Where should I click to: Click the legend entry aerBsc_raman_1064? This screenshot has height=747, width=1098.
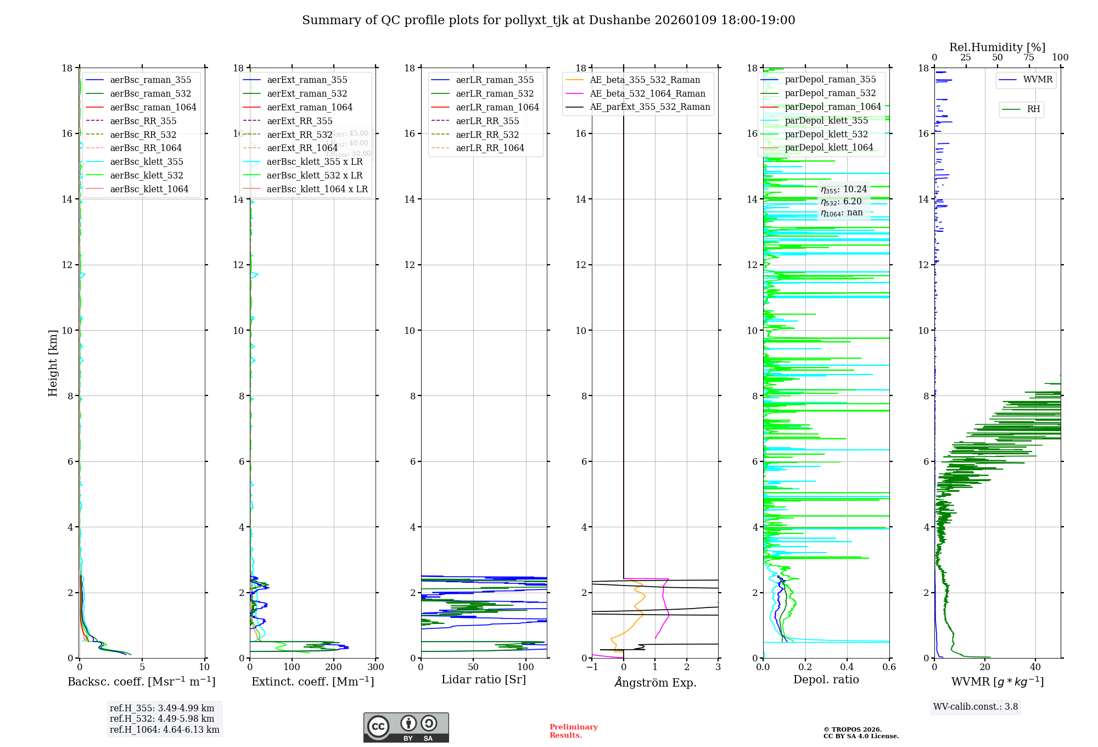click(153, 107)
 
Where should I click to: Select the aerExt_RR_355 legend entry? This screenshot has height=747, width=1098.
click(300, 121)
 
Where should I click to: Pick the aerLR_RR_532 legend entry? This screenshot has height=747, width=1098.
click(487, 135)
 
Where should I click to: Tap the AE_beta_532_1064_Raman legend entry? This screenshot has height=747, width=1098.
click(647, 93)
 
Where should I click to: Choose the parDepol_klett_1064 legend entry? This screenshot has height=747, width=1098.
click(828, 147)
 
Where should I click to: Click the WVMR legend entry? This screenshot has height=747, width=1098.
click(1038, 80)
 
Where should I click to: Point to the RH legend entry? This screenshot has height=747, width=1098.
click(1033, 109)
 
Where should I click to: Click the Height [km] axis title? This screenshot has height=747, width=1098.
click(53, 363)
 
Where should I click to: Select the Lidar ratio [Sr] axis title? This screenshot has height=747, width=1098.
click(484, 679)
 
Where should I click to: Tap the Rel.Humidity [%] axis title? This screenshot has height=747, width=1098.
click(997, 47)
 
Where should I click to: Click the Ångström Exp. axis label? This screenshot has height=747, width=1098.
click(655, 682)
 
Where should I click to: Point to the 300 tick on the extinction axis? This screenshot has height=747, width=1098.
click(376, 667)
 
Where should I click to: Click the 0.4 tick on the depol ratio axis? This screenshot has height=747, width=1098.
click(847, 667)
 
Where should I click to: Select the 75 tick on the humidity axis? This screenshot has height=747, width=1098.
click(1028, 58)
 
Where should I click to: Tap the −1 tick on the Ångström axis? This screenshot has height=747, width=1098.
click(592, 667)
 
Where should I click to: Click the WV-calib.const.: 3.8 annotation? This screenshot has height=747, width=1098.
click(976, 707)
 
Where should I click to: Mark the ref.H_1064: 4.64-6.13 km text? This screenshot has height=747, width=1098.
click(164, 730)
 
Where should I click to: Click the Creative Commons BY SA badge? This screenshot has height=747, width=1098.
click(406, 727)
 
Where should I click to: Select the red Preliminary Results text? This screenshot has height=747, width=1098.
click(573, 731)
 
